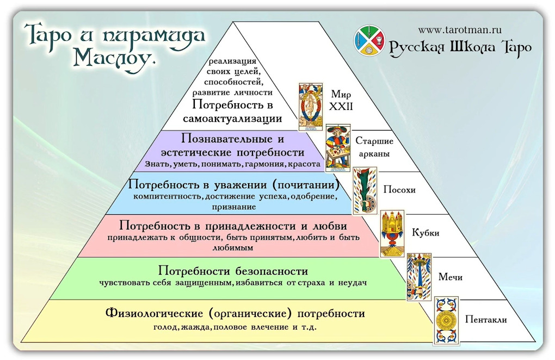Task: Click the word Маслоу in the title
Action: [114, 58]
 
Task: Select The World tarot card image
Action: [311, 107]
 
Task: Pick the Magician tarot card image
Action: [338, 148]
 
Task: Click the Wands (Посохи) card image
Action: [365, 191]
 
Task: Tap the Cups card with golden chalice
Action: [392, 234]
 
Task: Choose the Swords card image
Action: [419, 277]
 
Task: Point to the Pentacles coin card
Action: [446, 320]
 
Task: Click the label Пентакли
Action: [485, 319]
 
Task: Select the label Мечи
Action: [450, 277]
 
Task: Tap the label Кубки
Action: [425, 233]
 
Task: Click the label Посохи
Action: [399, 190]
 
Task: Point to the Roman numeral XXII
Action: [341, 107]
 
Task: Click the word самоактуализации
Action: [232, 119]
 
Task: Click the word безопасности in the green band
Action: [272, 271]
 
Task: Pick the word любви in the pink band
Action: [330, 226]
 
